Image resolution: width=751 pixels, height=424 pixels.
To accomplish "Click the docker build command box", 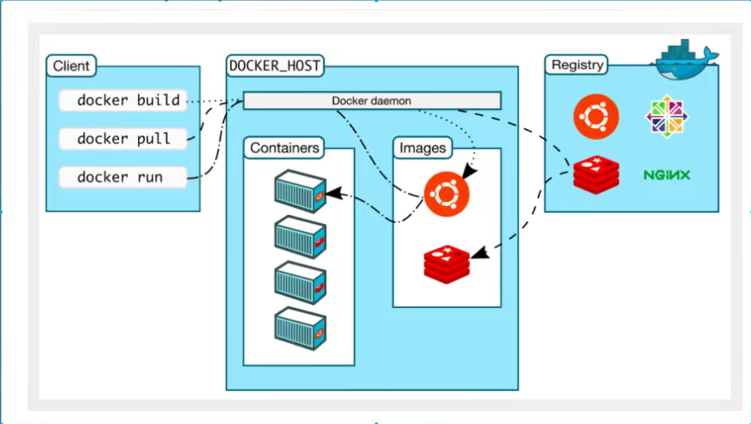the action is pos(122,100).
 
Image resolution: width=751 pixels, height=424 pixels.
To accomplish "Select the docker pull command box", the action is pos(122,139).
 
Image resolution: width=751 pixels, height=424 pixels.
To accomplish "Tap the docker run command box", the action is pos(122,177).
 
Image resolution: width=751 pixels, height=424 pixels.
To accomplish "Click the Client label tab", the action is pos(71,65).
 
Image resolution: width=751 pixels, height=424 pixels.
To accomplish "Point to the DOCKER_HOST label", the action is pos(275,65).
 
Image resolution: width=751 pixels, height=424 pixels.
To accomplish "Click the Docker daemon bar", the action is pos(372,100).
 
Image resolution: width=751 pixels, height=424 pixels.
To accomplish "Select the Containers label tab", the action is pos(284,148).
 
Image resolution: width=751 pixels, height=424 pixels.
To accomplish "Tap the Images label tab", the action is pos(422,148).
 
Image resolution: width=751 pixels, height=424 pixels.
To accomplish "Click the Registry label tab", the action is pos(577,65).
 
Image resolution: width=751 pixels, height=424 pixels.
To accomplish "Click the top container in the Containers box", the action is pos(300,191).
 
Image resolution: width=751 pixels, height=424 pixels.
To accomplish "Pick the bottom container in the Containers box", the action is pos(300,329).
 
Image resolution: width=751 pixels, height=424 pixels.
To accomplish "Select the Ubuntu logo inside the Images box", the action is pos(446,194).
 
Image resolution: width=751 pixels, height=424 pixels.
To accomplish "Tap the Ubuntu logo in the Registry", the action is pos(596,117).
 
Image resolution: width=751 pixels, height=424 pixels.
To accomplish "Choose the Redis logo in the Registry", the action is pos(596,175).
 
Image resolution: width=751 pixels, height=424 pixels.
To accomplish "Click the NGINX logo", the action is pos(667,175).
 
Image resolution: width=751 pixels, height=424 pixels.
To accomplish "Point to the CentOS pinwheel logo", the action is pos(667,117).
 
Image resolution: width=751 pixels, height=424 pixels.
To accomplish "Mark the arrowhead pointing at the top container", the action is pos(334,193).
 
